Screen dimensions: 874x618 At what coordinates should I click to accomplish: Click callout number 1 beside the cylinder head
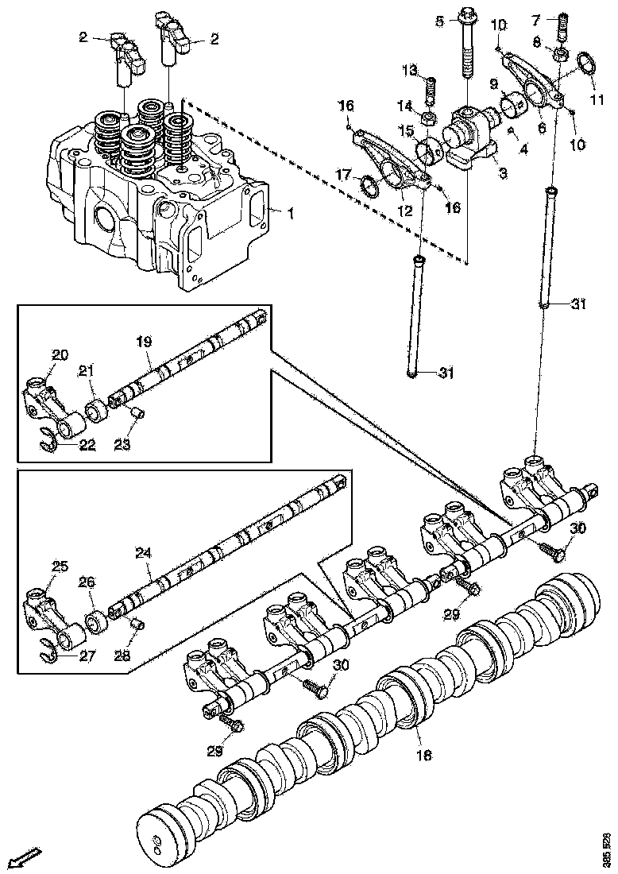pos(291,212)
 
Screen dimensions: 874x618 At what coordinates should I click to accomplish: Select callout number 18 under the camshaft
pos(424,756)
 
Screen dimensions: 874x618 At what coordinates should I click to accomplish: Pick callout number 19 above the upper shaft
pos(143,342)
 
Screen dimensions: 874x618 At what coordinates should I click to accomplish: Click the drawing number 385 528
pos(608,845)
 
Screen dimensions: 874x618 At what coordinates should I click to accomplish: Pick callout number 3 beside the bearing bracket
pos(503,172)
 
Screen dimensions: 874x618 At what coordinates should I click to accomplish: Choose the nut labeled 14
pos(427,119)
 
